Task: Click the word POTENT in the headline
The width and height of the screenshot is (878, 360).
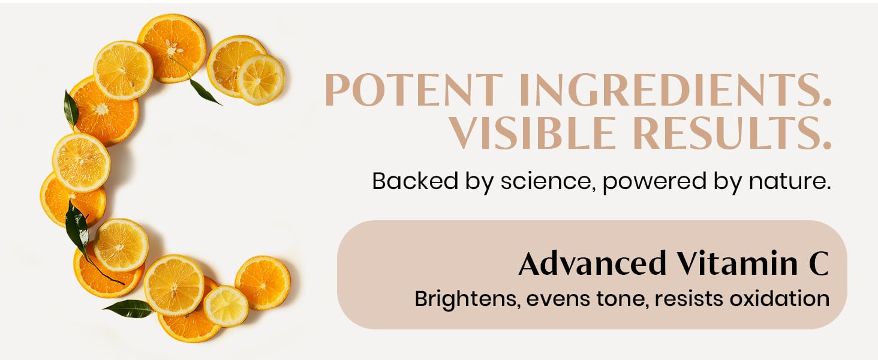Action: click(x=414, y=90)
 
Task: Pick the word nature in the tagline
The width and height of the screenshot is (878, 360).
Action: click(x=789, y=182)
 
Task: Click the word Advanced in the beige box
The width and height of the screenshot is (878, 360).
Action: click(x=593, y=263)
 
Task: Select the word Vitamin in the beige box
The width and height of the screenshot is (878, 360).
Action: click(x=738, y=263)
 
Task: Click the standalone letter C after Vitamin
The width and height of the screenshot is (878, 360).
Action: click(x=819, y=263)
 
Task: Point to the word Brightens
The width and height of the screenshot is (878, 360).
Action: click(x=468, y=299)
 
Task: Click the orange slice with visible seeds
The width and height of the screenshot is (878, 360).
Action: click(x=172, y=48)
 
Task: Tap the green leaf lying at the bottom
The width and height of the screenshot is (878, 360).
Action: click(x=128, y=308)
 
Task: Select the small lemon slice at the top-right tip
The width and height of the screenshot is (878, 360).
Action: click(x=261, y=79)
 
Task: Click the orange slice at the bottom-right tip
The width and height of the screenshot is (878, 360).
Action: click(x=263, y=283)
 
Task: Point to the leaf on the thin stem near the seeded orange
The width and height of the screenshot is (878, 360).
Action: click(x=205, y=92)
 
